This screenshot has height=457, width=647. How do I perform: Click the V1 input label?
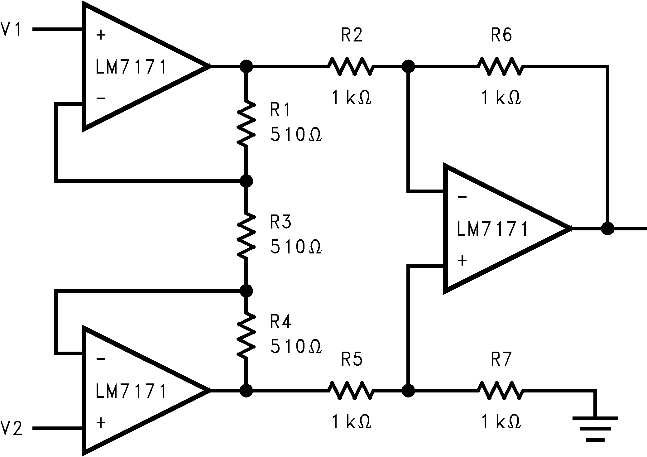tap(11, 30)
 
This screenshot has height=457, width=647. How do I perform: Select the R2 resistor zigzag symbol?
tap(350, 66)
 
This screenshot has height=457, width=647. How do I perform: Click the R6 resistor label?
tap(501, 35)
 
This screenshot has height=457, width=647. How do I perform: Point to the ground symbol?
tap(595, 429)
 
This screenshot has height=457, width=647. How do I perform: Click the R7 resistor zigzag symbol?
tap(500, 390)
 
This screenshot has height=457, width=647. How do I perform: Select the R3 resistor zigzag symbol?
tap(246, 235)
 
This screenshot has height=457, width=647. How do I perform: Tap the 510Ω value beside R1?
tap(295, 135)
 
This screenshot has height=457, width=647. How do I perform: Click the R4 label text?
tap(280, 322)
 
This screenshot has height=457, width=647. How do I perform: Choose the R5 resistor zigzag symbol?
tap(350, 390)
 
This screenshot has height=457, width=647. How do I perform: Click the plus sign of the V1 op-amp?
tap(100, 35)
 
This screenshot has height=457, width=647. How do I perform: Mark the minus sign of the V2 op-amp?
tap(101, 359)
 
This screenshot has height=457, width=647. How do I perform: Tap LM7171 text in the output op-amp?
tap(492, 229)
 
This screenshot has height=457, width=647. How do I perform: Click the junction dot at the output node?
tap(607, 228)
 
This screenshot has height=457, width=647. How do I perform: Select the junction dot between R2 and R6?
tap(408, 66)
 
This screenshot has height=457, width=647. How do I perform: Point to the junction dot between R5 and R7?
tap(408, 390)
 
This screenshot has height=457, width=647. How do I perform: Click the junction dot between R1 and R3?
tap(246, 180)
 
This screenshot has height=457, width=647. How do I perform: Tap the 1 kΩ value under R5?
tap(351, 422)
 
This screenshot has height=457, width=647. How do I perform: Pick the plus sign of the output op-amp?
tap(462, 260)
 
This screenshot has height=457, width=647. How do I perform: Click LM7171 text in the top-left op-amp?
tap(131, 67)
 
